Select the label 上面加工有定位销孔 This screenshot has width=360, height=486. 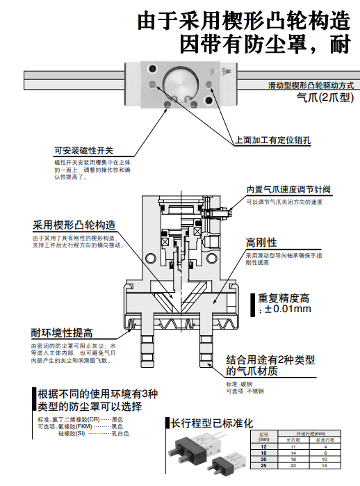272,139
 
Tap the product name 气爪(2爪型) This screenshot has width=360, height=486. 325,97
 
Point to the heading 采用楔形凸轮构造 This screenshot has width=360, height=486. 74,226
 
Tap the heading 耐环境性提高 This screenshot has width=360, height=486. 62,332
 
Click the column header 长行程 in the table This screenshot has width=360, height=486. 292,439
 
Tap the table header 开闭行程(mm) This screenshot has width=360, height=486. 309,434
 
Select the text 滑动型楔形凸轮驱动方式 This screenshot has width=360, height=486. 311,85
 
